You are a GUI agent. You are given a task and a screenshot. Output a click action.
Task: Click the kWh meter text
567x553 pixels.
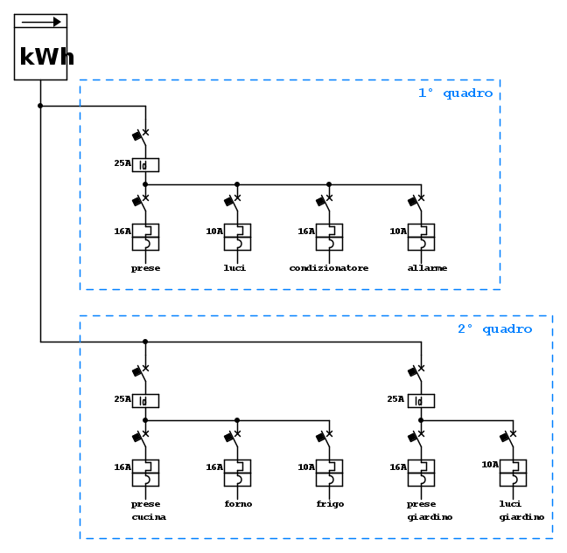coord(46,58)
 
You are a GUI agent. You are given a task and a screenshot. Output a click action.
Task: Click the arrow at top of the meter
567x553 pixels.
coord(40,22)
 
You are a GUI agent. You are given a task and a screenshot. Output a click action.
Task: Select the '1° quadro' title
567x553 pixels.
coord(455,93)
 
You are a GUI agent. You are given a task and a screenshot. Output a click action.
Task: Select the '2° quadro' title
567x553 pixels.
coord(494,328)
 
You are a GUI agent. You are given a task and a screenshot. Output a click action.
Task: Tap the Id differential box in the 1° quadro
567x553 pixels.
coord(145,164)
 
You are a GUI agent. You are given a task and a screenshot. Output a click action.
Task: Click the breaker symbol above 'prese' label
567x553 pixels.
coord(145,237)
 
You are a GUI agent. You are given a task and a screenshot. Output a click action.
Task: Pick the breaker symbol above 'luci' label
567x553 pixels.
coord(237,237)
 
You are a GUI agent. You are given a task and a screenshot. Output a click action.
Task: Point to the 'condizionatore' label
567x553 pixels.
coord(329,268)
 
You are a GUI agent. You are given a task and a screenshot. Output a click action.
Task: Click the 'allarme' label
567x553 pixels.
coord(427,268)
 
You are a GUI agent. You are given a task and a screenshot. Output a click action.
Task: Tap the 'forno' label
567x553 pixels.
coord(237,504)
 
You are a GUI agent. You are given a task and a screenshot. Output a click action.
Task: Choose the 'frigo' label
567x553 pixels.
coord(329,504)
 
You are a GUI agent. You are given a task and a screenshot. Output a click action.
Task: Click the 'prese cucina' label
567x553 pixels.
coord(148,510)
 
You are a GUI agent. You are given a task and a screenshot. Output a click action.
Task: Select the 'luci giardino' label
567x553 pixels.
coord(521,510)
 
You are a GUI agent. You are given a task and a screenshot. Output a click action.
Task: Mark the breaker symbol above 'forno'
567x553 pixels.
coord(237,473)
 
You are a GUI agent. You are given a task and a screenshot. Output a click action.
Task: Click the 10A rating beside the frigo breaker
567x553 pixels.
coord(306,467)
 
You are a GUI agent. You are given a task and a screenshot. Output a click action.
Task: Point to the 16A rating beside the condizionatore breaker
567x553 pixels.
coord(306,232)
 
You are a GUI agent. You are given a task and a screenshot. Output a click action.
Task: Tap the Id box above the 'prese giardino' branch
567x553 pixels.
coord(421,400)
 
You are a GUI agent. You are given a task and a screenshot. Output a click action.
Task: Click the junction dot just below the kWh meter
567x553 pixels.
coord(40,106)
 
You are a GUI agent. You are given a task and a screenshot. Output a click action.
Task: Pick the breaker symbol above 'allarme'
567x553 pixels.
coord(421,237)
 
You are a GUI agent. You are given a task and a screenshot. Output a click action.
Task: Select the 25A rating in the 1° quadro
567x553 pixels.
coord(122,162)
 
